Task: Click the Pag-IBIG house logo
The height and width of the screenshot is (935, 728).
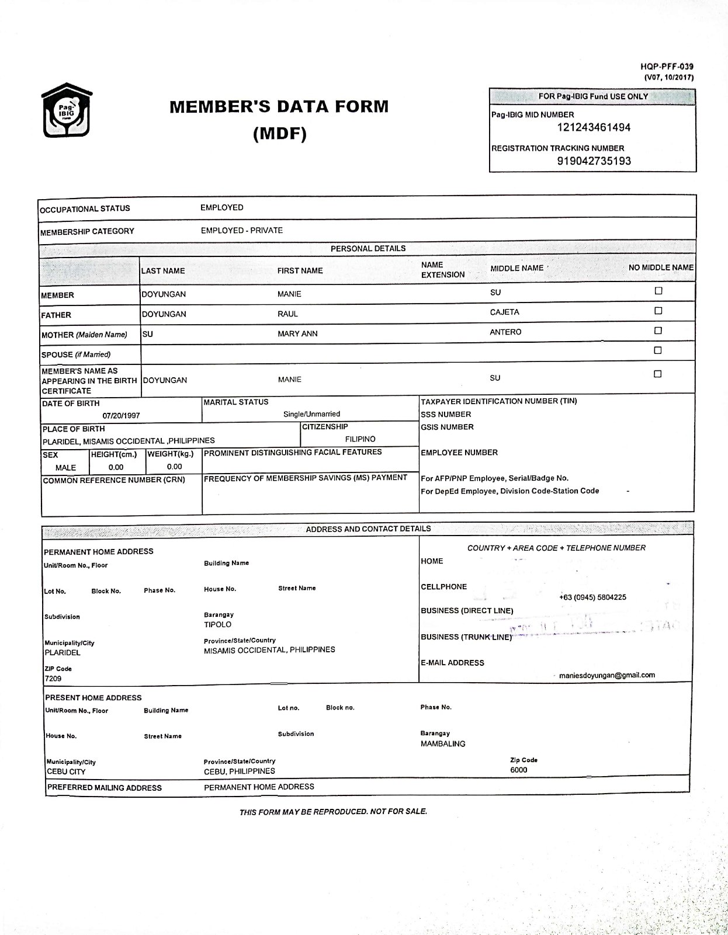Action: (x=67, y=110)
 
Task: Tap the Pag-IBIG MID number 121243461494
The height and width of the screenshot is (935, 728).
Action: (x=593, y=128)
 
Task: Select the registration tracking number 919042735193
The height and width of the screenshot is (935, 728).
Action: (x=594, y=161)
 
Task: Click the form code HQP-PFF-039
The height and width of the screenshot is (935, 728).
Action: (x=667, y=67)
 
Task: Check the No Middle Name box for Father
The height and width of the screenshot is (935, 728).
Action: (x=658, y=311)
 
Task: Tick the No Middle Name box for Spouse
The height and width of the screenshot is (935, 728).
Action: (x=658, y=350)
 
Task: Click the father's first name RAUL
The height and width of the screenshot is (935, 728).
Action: (x=287, y=314)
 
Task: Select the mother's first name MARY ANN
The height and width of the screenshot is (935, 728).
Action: (x=297, y=334)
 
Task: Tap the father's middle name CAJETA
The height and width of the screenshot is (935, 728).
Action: (x=504, y=312)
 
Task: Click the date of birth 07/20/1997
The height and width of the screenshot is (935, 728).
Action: (x=121, y=416)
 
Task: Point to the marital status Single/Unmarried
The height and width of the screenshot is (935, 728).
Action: (x=311, y=414)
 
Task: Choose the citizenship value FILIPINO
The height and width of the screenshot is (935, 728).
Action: (x=360, y=439)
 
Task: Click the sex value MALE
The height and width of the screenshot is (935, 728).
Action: (x=65, y=468)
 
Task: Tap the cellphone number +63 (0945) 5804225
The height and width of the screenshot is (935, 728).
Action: (x=592, y=597)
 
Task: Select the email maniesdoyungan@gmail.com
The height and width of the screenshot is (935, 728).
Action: (x=606, y=675)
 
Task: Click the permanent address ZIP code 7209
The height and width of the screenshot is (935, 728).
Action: (x=53, y=679)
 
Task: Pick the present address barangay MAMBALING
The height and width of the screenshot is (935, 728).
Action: (x=443, y=744)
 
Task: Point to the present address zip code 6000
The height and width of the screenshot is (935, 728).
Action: (x=518, y=770)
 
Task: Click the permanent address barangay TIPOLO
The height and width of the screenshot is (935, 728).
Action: (x=217, y=625)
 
